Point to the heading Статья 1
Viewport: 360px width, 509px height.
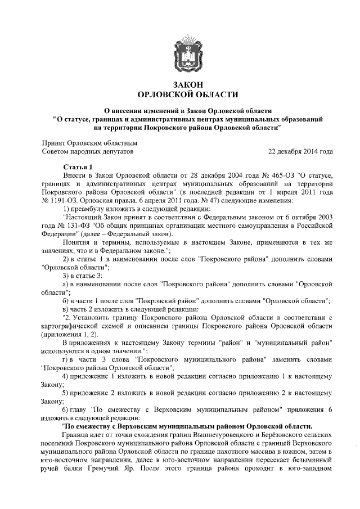point(76,168)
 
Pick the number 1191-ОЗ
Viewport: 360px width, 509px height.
point(59,200)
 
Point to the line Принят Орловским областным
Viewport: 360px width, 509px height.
point(90,143)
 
